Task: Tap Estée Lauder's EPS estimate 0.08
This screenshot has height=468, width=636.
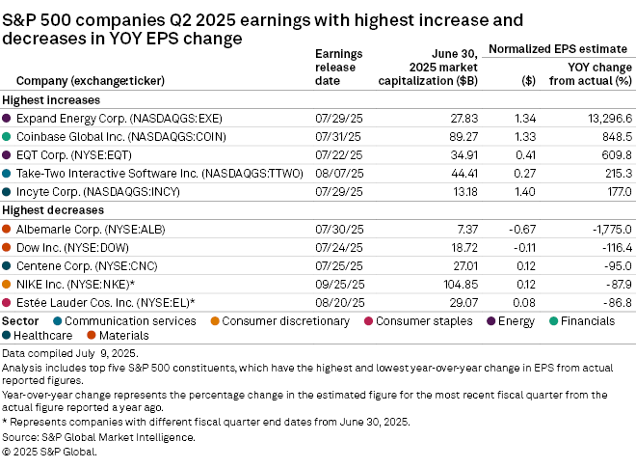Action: pyautogui.click(x=527, y=302)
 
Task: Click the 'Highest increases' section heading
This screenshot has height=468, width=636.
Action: pyautogui.click(x=51, y=99)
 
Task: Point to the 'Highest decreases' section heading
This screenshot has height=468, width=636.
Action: pyautogui.click(x=53, y=210)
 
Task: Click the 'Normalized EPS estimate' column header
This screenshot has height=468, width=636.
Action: pyautogui.click(x=560, y=47)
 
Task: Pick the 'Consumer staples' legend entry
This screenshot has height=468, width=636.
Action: pyautogui.click(x=423, y=320)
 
